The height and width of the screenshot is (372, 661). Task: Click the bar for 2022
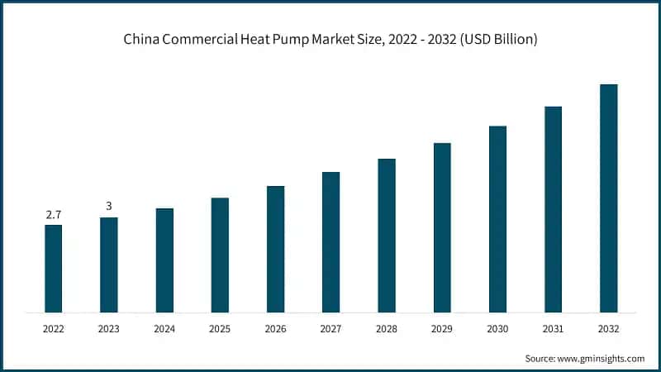point(53,269)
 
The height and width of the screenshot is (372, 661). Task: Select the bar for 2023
point(108,265)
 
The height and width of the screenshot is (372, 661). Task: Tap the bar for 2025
point(220,255)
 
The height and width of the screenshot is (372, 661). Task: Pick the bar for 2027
point(330,242)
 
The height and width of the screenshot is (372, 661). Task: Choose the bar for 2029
point(442,228)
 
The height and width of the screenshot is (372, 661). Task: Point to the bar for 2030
point(497,219)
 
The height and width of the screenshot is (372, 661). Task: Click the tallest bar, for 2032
point(608,198)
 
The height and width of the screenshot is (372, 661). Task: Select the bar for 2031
point(553,210)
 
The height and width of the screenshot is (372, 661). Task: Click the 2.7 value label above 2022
point(53,215)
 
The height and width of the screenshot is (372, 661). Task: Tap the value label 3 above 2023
point(108,207)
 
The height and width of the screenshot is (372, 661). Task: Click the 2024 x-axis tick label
point(164,329)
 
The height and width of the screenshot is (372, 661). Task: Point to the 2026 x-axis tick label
point(275,329)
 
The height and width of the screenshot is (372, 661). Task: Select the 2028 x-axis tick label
point(387,329)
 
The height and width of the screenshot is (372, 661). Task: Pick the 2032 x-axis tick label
point(608,329)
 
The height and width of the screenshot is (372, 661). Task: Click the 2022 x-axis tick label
point(53,329)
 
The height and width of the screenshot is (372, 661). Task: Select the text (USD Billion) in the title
point(498,40)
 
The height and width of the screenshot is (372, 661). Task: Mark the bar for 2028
point(387,236)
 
